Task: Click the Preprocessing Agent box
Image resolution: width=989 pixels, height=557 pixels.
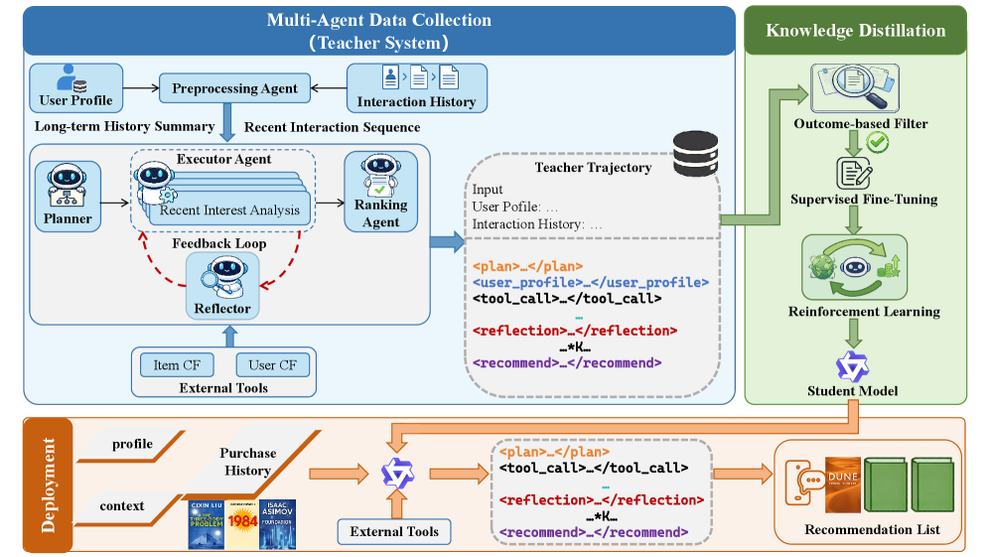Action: [234, 88]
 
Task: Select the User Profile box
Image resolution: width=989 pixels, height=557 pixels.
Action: [75, 86]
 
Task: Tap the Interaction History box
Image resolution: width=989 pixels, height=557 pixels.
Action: [416, 86]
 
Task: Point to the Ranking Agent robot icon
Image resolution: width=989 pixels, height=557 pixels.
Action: [380, 176]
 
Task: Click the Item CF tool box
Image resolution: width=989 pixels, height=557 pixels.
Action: [178, 364]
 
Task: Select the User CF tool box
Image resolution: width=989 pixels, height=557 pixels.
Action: [272, 364]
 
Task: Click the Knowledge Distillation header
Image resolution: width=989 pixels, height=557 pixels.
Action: [855, 30]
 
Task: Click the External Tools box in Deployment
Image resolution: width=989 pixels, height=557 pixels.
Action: [394, 531]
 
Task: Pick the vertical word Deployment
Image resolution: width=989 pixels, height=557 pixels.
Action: [49, 482]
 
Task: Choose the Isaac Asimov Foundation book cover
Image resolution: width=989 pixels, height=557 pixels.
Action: [278, 523]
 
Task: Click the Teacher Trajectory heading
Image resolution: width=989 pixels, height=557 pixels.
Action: [593, 167]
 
